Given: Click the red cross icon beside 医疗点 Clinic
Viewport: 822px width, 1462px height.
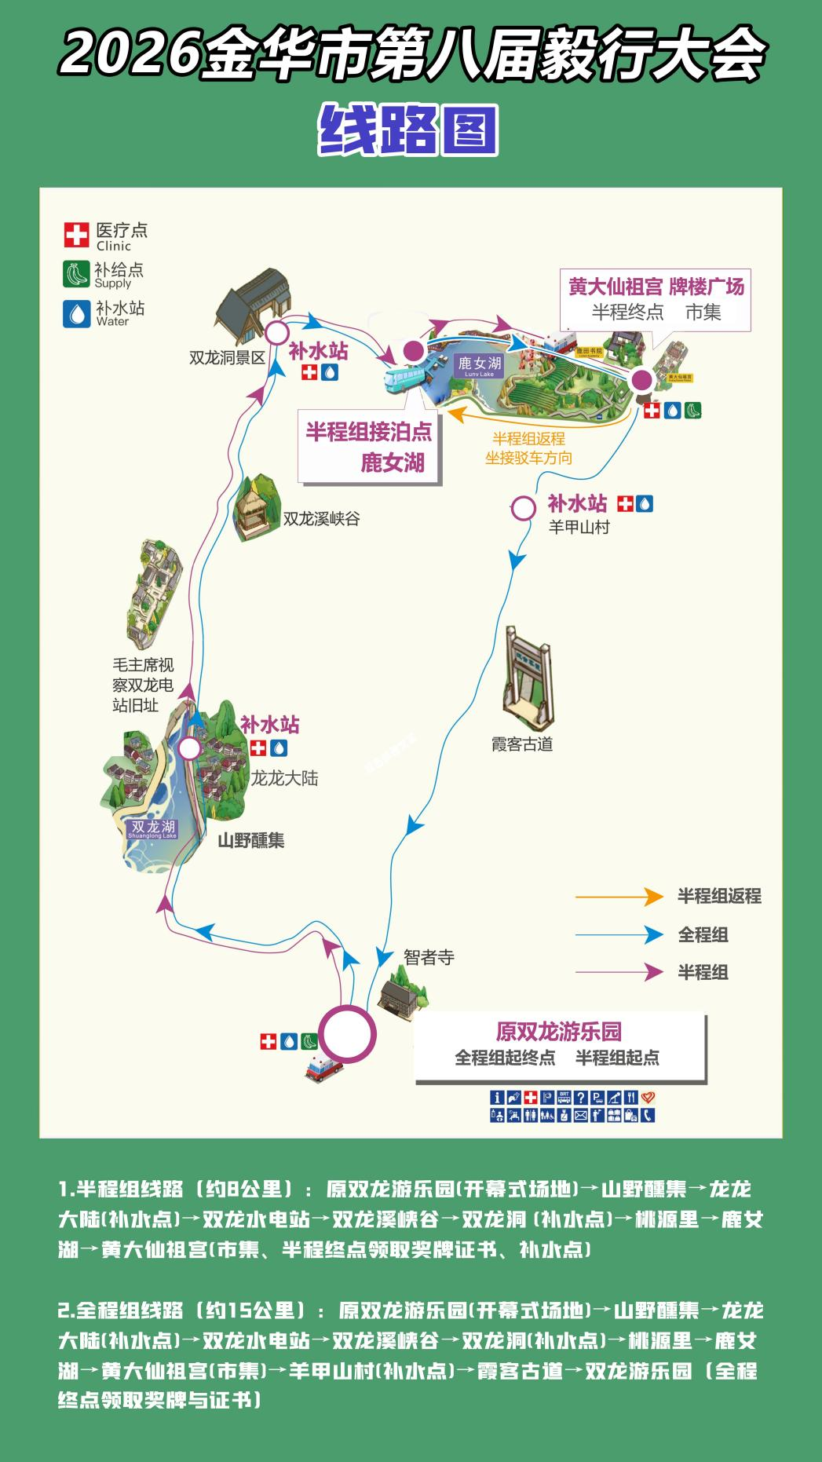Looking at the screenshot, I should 76,234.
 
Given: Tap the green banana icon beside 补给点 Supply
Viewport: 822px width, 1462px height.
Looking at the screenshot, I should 76,274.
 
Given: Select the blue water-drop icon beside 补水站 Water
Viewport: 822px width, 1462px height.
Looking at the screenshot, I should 76,313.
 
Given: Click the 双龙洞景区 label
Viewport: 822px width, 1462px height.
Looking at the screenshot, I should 227,358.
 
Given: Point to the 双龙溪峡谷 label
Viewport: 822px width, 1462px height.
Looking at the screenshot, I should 321,519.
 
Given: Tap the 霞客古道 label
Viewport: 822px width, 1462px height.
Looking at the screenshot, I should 522,744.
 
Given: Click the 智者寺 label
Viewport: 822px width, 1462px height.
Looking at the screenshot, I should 429,957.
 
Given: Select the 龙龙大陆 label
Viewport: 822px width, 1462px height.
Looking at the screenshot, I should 284,778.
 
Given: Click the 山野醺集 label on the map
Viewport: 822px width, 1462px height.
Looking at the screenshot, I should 250,840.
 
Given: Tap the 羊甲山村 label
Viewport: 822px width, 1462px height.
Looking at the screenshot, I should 579,527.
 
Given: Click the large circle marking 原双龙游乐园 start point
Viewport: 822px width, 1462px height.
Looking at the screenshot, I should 348,1034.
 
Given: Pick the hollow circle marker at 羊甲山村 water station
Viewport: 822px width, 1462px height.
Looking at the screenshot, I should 524,508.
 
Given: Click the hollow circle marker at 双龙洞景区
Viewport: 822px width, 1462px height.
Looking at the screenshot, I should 276,333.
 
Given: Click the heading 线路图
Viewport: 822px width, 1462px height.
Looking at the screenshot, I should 408,130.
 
